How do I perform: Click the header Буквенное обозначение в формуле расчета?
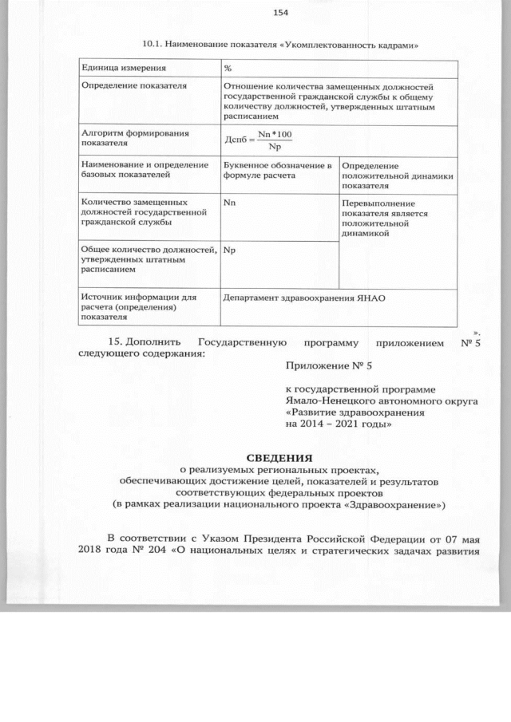point(276,169)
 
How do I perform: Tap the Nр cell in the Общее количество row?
point(229,251)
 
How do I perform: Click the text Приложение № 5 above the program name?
point(328,365)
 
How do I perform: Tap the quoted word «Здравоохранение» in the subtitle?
point(402,504)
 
